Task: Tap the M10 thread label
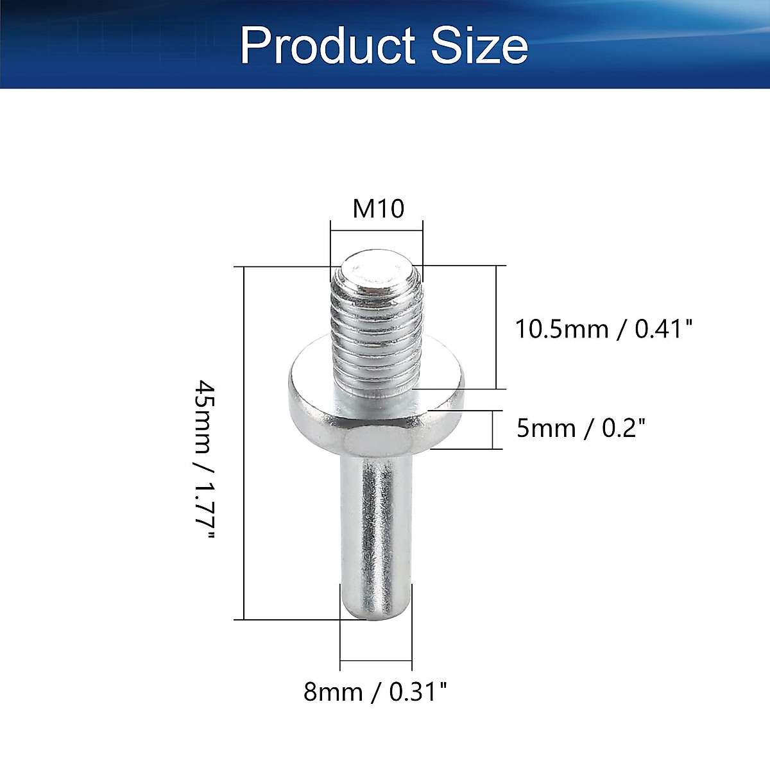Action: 379,209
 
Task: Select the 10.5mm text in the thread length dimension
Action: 561,329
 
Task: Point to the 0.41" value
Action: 664,329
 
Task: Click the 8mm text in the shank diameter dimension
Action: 333,692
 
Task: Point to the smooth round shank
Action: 376,526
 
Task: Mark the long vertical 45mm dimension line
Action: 244,443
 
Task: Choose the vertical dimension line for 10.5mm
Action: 496,327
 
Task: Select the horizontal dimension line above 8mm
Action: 376,660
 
